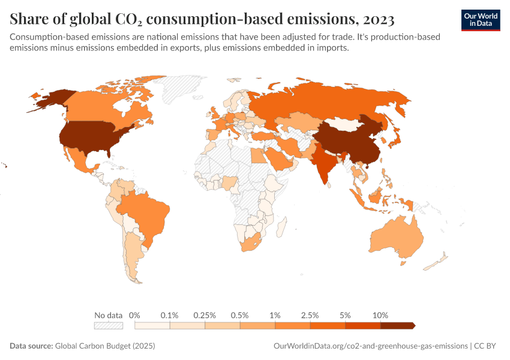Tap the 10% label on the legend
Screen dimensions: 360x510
380,315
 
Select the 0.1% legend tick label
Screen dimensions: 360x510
170,315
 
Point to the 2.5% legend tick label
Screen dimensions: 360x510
310,315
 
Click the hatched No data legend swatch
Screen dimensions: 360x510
108,325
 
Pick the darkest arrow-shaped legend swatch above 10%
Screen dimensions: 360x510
397,325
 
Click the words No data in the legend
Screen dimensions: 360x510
109,315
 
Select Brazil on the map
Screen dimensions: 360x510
144,210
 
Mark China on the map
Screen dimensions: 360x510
354,141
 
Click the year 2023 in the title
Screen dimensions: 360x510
378,19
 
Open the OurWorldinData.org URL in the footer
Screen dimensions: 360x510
370,346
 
